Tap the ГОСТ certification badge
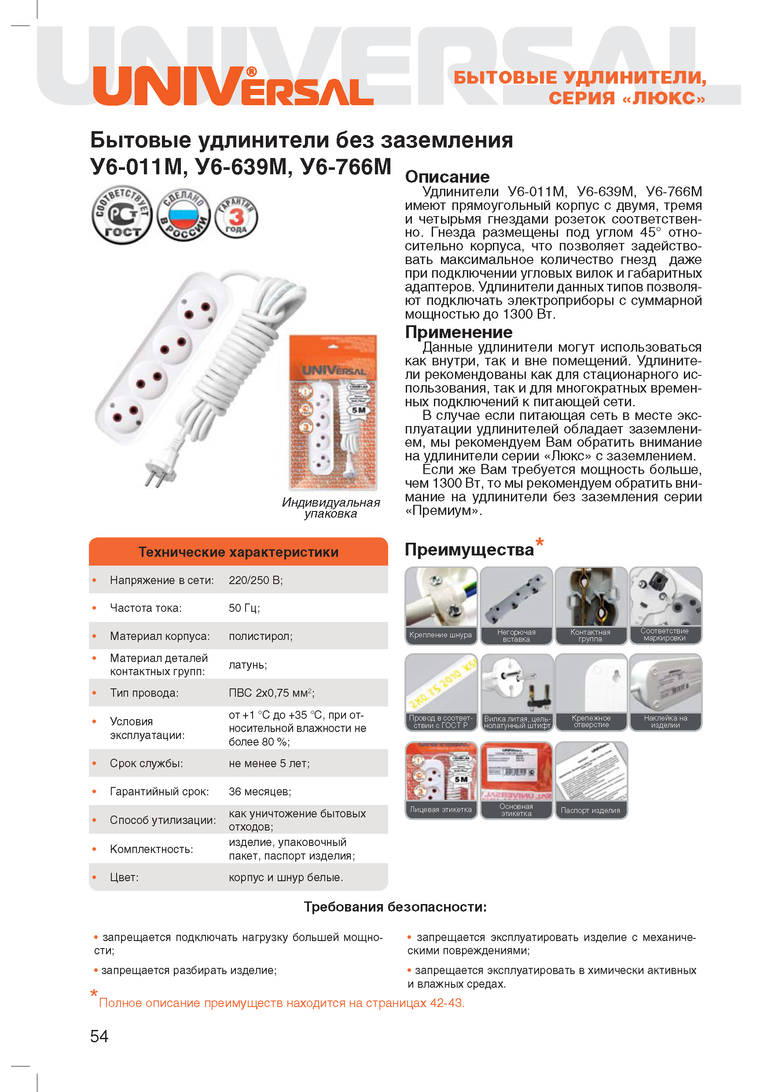(122, 215)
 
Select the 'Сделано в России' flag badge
(184, 215)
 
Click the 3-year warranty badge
(236, 217)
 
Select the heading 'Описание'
(447, 177)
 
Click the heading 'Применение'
(459, 332)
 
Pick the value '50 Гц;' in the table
(244, 608)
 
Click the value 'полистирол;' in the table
(261, 636)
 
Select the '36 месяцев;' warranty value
(260, 791)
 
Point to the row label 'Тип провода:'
(144, 692)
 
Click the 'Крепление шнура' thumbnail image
(441, 605)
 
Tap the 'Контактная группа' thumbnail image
(591, 605)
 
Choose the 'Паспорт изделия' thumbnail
(591, 780)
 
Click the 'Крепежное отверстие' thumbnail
(591, 692)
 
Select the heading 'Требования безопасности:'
(395, 907)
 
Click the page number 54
(99, 1036)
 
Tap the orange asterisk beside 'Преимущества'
(540, 542)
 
